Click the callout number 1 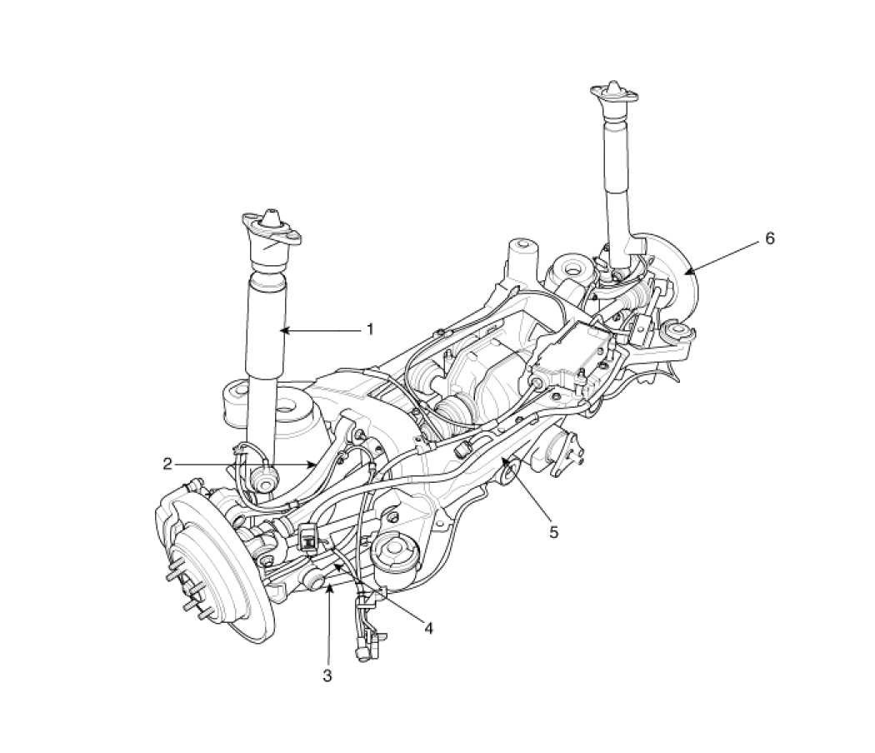(369, 329)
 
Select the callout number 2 (167, 464)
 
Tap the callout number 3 (327, 675)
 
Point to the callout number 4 (428, 629)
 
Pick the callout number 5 (553, 532)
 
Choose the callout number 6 (769, 238)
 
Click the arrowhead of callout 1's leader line (283, 331)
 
